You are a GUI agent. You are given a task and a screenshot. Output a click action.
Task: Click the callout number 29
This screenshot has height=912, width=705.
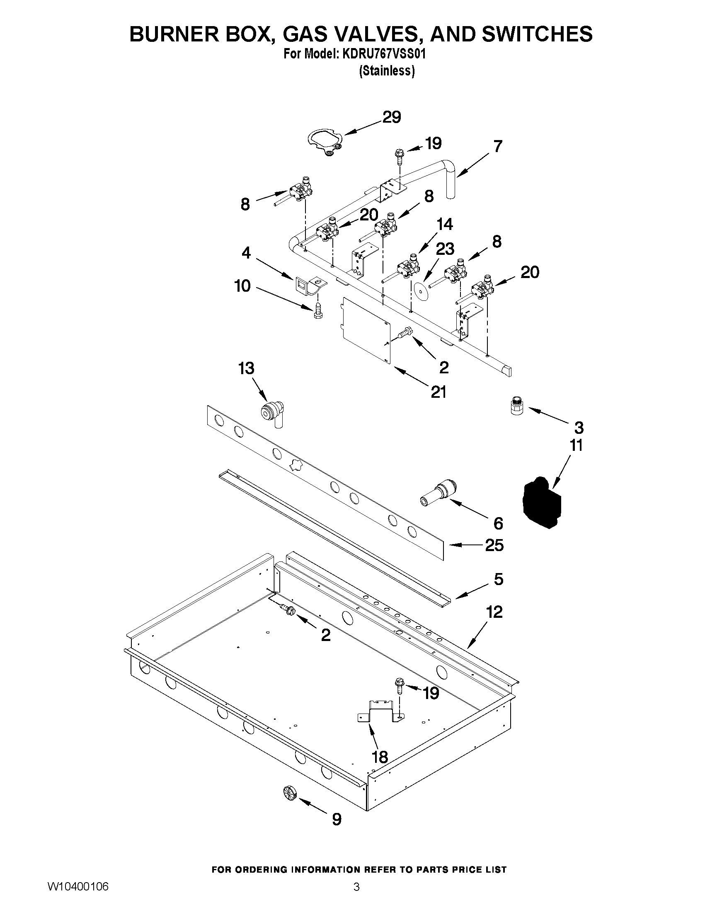pyautogui.click(x=391, y=117)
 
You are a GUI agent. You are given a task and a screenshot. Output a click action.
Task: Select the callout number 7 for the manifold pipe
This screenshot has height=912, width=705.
pyautogui.click(x=497, y=147)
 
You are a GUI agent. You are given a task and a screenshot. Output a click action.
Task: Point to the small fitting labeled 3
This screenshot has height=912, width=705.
pyautogui.click(x=517, y=406)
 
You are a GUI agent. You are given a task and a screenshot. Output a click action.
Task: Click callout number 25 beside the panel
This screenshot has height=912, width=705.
pyautogui.click(x=494, y=545)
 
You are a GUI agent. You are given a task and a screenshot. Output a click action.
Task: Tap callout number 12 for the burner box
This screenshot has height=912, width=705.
pyautogui.click(x=494, y=612)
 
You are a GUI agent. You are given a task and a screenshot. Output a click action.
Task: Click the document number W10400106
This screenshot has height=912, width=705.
pyautogui.click(x=78, y=895)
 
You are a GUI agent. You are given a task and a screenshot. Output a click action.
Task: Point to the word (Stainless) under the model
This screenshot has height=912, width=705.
pyautogui.click(x=387, y=71)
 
